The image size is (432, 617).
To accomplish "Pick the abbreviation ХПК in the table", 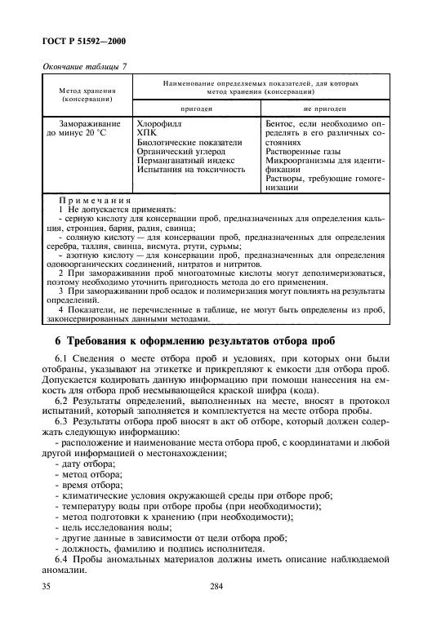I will [147, 131].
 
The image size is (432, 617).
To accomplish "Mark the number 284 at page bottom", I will [216, 585].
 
